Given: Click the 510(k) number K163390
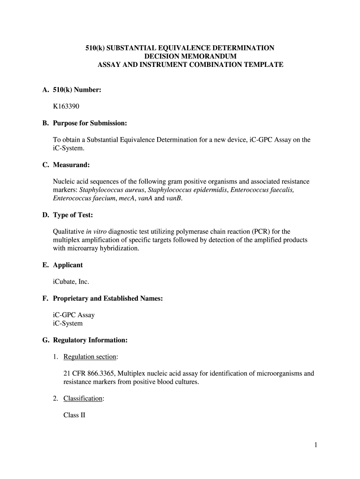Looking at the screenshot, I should click(x=66, y=106).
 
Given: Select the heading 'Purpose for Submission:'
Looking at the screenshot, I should click(x=90, y=123).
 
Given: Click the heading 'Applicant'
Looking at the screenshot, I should click(x=68, y=265).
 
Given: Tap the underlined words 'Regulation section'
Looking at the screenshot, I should click(x=90, y=357).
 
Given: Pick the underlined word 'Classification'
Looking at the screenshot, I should click(x=83, y=399).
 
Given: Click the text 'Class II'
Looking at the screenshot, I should click(x=74, y=415).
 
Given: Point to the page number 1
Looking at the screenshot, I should click(x=316, y=445).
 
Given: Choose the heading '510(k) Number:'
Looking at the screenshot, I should click(x=77, y=90).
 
